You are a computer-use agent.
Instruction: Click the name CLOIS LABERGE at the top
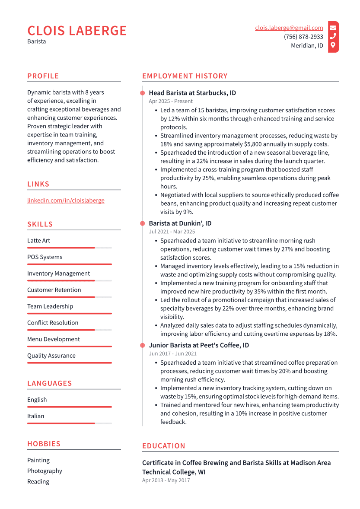pos(77,31)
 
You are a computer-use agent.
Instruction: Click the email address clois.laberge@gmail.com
pos(289,28)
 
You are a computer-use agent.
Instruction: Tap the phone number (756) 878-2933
pos(303,37)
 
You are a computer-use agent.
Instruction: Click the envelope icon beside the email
pos(333,28)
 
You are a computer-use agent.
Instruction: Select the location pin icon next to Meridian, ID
pos(333,45)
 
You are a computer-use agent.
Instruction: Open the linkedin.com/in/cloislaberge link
pos(66,200)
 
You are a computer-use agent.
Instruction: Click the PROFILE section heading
pos(43,76)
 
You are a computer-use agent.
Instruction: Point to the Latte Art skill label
pos(38,241)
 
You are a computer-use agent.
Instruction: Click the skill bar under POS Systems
pos(69,264)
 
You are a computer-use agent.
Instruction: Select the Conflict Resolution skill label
pos(53,323)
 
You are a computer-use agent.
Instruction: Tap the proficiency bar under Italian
pos(69,423)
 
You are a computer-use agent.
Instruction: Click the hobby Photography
pos(45,471)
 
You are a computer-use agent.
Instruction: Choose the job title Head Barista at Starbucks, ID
pos(192,93)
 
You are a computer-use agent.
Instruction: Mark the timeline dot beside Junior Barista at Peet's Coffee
pos(142,345)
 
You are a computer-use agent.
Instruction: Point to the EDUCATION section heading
pos(163,446)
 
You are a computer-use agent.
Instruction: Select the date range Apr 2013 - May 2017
pos(166,480)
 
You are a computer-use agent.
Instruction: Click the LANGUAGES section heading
pos(49,383)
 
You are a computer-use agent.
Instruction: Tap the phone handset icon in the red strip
pos(333,37)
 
